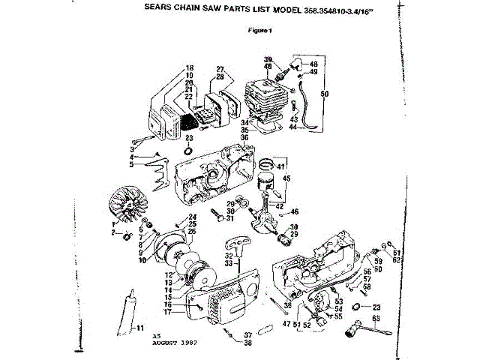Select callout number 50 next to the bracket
tap(324, 94)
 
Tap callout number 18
tap(190, 68)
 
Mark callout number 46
tap(295, 212)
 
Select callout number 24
tap(192, 217)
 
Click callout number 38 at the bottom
tap(247, 343)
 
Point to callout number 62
tap(398, 259)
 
